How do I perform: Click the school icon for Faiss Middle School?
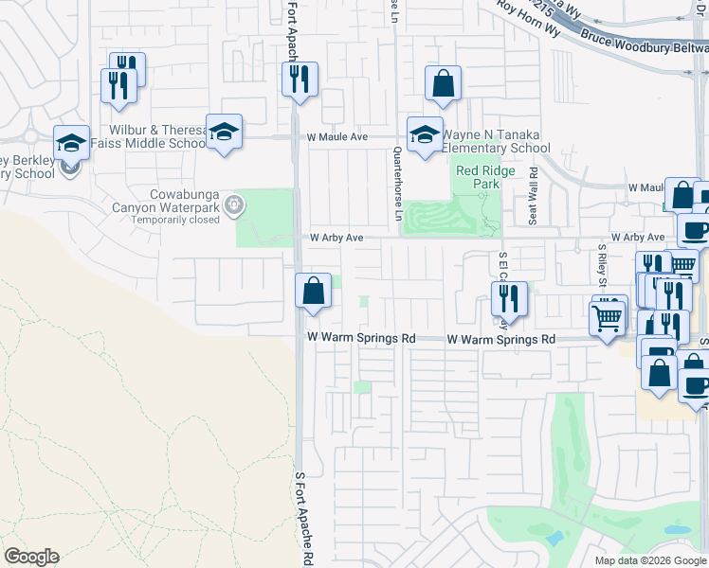tap(224, 132)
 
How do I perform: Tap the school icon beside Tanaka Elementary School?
tap(425, 133)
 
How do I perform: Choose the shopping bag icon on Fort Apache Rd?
tap(313, 291)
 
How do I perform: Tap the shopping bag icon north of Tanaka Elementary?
tap(443, 83)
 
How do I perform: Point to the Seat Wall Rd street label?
tap(534, 196)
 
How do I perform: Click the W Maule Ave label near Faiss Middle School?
tap(336, 137)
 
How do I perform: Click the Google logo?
tap(31, 557)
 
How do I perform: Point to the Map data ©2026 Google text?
tap(649, 560)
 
